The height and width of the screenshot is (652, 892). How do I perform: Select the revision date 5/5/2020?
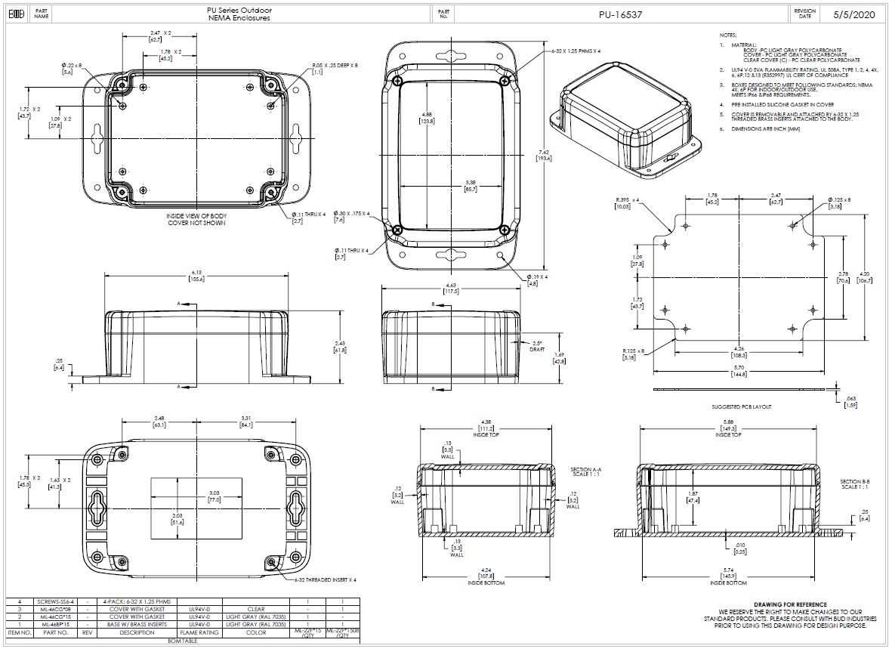pos(853,14)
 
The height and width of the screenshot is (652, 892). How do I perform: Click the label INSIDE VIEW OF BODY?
pos(196,216)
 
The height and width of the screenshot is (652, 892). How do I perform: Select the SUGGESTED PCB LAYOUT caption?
pos(741,406)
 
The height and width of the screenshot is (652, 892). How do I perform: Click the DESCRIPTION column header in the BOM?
pos(136,633)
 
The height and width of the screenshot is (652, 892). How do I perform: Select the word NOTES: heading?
pos(727,36)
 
